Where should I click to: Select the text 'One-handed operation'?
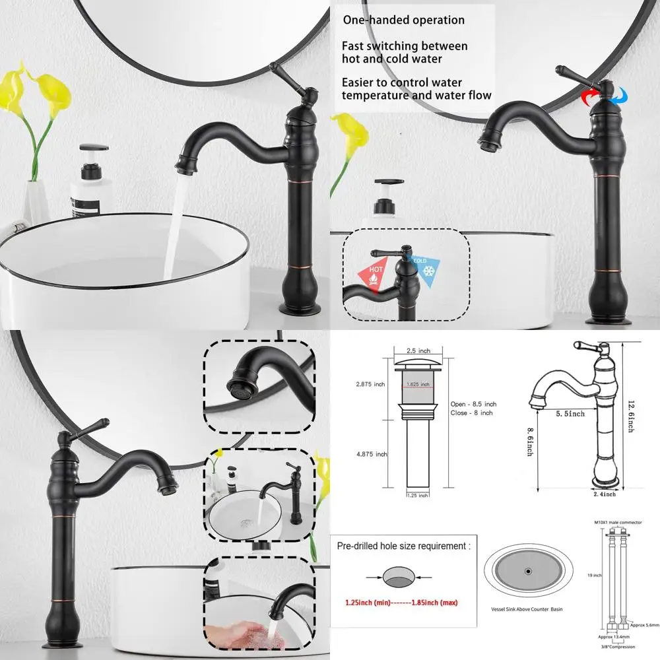403,20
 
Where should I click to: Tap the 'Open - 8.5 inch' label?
473,403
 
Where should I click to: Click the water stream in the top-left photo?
173,224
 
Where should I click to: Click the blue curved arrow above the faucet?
618,96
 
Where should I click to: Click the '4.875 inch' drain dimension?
372,454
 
